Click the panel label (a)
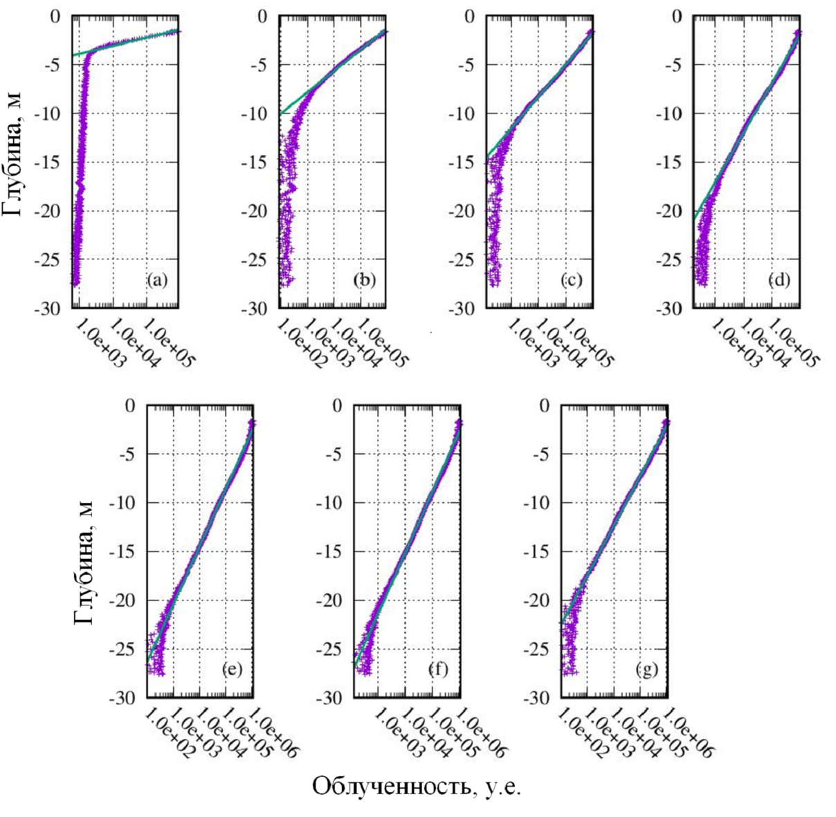pos(157,280)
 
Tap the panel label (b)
pos(364,280)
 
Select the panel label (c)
pos(571,280)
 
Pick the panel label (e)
pos(232,670)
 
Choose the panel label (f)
pos(439,670)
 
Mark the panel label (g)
pos(646,670)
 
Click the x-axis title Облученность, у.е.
pos(417,787)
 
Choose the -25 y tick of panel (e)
pos(127,649)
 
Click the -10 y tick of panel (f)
pos(334,503)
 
